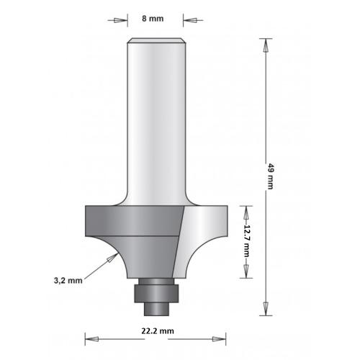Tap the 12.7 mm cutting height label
coord(247,242)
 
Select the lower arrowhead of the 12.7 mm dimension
coord(247,274)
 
